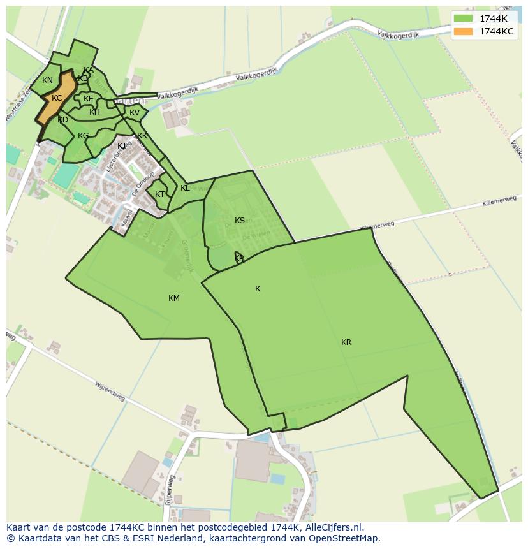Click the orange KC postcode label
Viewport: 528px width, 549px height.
(x=57, y=98)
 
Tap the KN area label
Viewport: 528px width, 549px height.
(x=47, y=80)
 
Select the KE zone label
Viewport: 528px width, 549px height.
(x=88, y=99)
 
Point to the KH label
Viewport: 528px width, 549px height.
(x=94, y=112)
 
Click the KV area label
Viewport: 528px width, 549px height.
(x=135, y=113)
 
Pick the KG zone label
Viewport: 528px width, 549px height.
(x=84, y=136)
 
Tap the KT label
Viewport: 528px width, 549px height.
(x=159, y=194)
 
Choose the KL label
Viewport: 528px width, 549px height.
(x=185, y=188)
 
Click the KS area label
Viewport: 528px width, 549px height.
(x=240, y=221)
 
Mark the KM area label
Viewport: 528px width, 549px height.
(x=174, y=298)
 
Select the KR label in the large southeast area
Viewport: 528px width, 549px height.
(x=346, y=342)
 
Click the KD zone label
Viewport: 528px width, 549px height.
(x=62, y=120)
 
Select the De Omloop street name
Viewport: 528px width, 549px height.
(x=143, y=184)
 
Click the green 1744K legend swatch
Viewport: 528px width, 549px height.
(x=464, y=18)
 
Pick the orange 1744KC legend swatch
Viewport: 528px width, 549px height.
(x=464, y=31)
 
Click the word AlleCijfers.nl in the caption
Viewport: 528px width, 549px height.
(x=332, y=527)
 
